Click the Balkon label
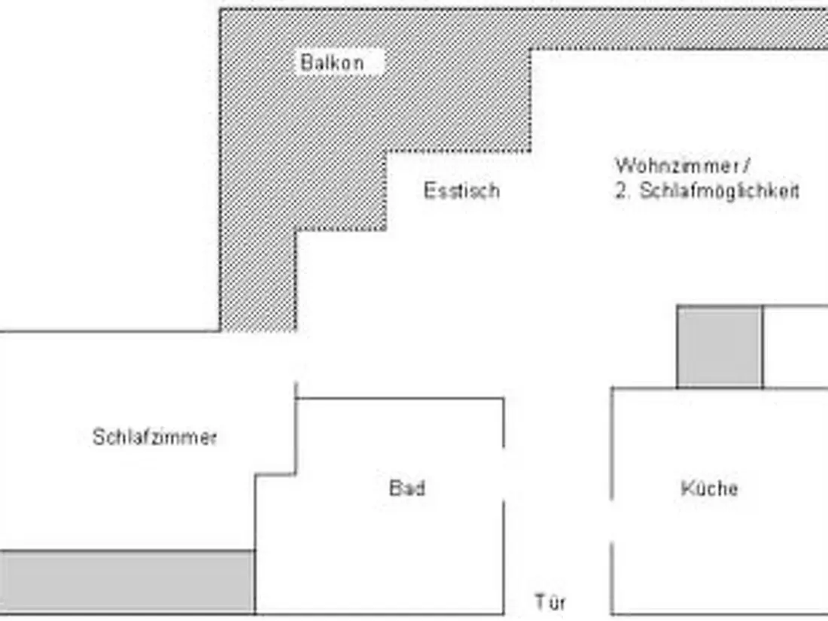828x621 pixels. [332, 62]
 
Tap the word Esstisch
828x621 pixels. [461, 190]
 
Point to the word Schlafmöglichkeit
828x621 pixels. [720, 191]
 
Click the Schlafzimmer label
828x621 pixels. [154, 437]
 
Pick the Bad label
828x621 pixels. [406, 488]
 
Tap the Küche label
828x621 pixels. [709, 488]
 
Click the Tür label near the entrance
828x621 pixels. [550, 602]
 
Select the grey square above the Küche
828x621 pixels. [720, 346]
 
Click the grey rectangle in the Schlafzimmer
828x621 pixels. [127, 582]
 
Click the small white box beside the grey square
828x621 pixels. [796, 346]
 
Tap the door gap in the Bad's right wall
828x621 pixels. [504, 474]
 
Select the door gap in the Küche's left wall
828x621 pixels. [612, 521]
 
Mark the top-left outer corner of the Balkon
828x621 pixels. [221, 10]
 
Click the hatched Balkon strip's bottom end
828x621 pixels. [257, 330]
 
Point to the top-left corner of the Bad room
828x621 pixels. [296, 399]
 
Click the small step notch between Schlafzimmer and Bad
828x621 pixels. [275, 474]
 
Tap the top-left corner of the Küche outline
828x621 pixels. [612, 388]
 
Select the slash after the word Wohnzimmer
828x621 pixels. [746, 166]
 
